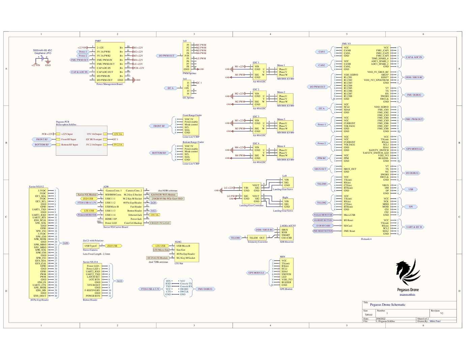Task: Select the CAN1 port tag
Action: click(x=322, y=52)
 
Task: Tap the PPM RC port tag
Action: click(x=322, y=158)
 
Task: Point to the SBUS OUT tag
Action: click(x=320, y=169)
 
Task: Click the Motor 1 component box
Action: click(x=285, y=72)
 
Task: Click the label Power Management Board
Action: click(x=109, y=84)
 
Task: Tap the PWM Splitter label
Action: click(x=190, y=73)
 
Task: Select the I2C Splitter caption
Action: click(x=188, y=98)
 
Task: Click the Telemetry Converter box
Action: click(x=257, y=238)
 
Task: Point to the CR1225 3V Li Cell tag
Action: click(x=160, y=223)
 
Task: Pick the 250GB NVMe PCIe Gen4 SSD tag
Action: click(x=167, y=199)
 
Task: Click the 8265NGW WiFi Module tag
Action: click(x=163, y=194)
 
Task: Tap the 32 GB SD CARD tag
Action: click(x=323, y=226)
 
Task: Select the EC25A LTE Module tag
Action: click(x=157, y=258)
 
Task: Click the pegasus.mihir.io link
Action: click(x=407, y=294)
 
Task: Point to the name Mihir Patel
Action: click(x=435, y=321)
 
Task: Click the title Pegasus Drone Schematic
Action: click(x=387, y=305)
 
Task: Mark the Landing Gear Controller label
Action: click(x=251, y=206)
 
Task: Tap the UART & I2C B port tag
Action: click(x=414, y=227)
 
